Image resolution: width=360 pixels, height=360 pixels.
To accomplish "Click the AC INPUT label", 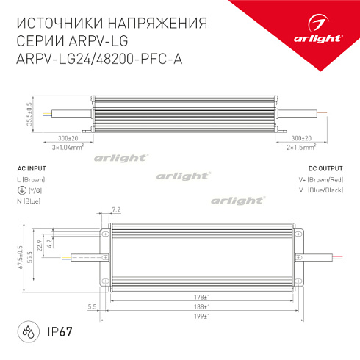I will [x=30, y=168].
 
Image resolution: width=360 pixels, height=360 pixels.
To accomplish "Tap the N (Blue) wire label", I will [x=30, y=201].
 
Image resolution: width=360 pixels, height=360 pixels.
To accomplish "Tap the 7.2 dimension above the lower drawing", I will [x=115, y=210].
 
